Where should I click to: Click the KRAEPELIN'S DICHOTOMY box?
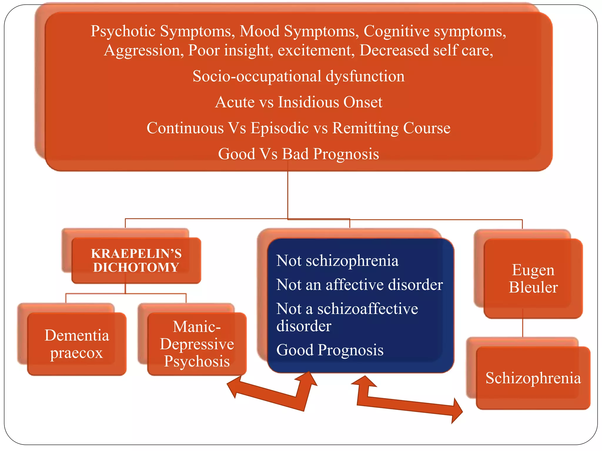[136, 260]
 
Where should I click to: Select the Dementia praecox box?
[77, 344]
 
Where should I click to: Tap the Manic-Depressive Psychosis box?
[197, 344]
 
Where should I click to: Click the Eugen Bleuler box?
[533, 278]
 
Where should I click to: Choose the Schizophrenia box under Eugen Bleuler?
[533, 378]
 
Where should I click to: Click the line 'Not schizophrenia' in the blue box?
[337, 260]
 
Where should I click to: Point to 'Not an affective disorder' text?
[359, 285]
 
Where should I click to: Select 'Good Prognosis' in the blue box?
[330, 350]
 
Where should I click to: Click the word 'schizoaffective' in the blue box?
[367, 309]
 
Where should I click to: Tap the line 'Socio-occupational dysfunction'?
[298, 76]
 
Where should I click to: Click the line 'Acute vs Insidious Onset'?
[298, 102]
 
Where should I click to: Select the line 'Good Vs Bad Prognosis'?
[298, 154]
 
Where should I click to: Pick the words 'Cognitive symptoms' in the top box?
[434, 31]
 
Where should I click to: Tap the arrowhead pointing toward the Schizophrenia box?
[457, 411]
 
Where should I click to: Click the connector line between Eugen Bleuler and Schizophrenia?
[523, 327]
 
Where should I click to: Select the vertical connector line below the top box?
[287, 194]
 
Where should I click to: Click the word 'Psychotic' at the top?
[123, 31]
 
